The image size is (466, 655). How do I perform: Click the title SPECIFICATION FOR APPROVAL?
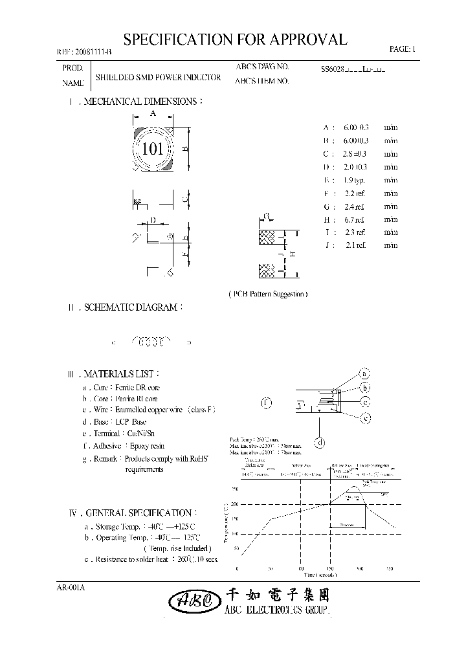[235, 39]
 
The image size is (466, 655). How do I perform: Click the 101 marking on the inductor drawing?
[152, 149]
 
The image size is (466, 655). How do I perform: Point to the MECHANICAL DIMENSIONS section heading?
[135, 102]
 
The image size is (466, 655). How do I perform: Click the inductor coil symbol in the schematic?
[151, 340]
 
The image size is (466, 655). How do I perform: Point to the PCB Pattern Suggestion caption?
[268, 294]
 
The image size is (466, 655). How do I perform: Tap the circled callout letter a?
[364, 374]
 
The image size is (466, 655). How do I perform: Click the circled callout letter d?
[319, 443]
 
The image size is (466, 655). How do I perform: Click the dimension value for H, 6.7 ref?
[355, 219]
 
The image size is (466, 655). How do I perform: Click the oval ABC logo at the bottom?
[192, 601]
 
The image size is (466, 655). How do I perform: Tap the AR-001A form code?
[71, 587]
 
